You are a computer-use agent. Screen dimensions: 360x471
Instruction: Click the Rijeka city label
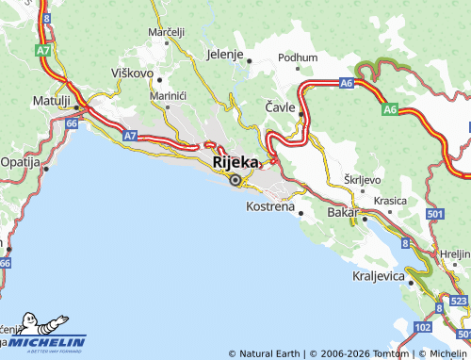235,162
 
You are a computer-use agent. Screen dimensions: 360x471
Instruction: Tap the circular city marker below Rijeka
235,178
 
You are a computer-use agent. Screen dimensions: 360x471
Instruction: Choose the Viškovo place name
132,71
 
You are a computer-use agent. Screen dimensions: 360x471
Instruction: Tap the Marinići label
166,95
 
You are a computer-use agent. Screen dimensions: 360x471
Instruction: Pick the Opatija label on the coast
19,162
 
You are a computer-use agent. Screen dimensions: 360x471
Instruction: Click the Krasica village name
390,201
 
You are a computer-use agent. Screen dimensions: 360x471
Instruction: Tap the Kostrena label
269,205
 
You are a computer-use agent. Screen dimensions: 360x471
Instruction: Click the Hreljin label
456,254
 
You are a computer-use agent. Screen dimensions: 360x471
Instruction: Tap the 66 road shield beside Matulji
73,122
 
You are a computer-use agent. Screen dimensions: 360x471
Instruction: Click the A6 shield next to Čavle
347,83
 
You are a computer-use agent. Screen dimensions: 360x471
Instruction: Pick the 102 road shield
422,327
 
